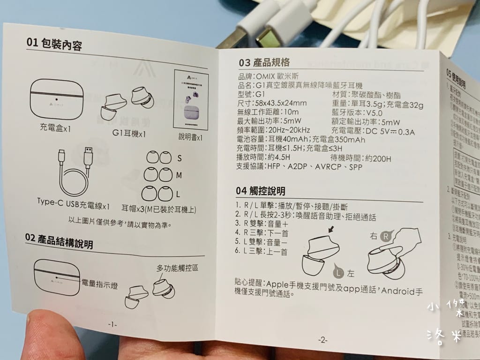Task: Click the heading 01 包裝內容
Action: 54,45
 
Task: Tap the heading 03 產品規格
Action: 264,62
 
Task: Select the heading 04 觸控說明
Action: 261,191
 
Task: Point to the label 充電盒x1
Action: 55,127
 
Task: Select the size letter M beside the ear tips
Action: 179,175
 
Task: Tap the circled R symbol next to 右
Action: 386,236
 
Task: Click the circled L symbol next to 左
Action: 338,270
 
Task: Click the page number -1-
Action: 112,323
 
